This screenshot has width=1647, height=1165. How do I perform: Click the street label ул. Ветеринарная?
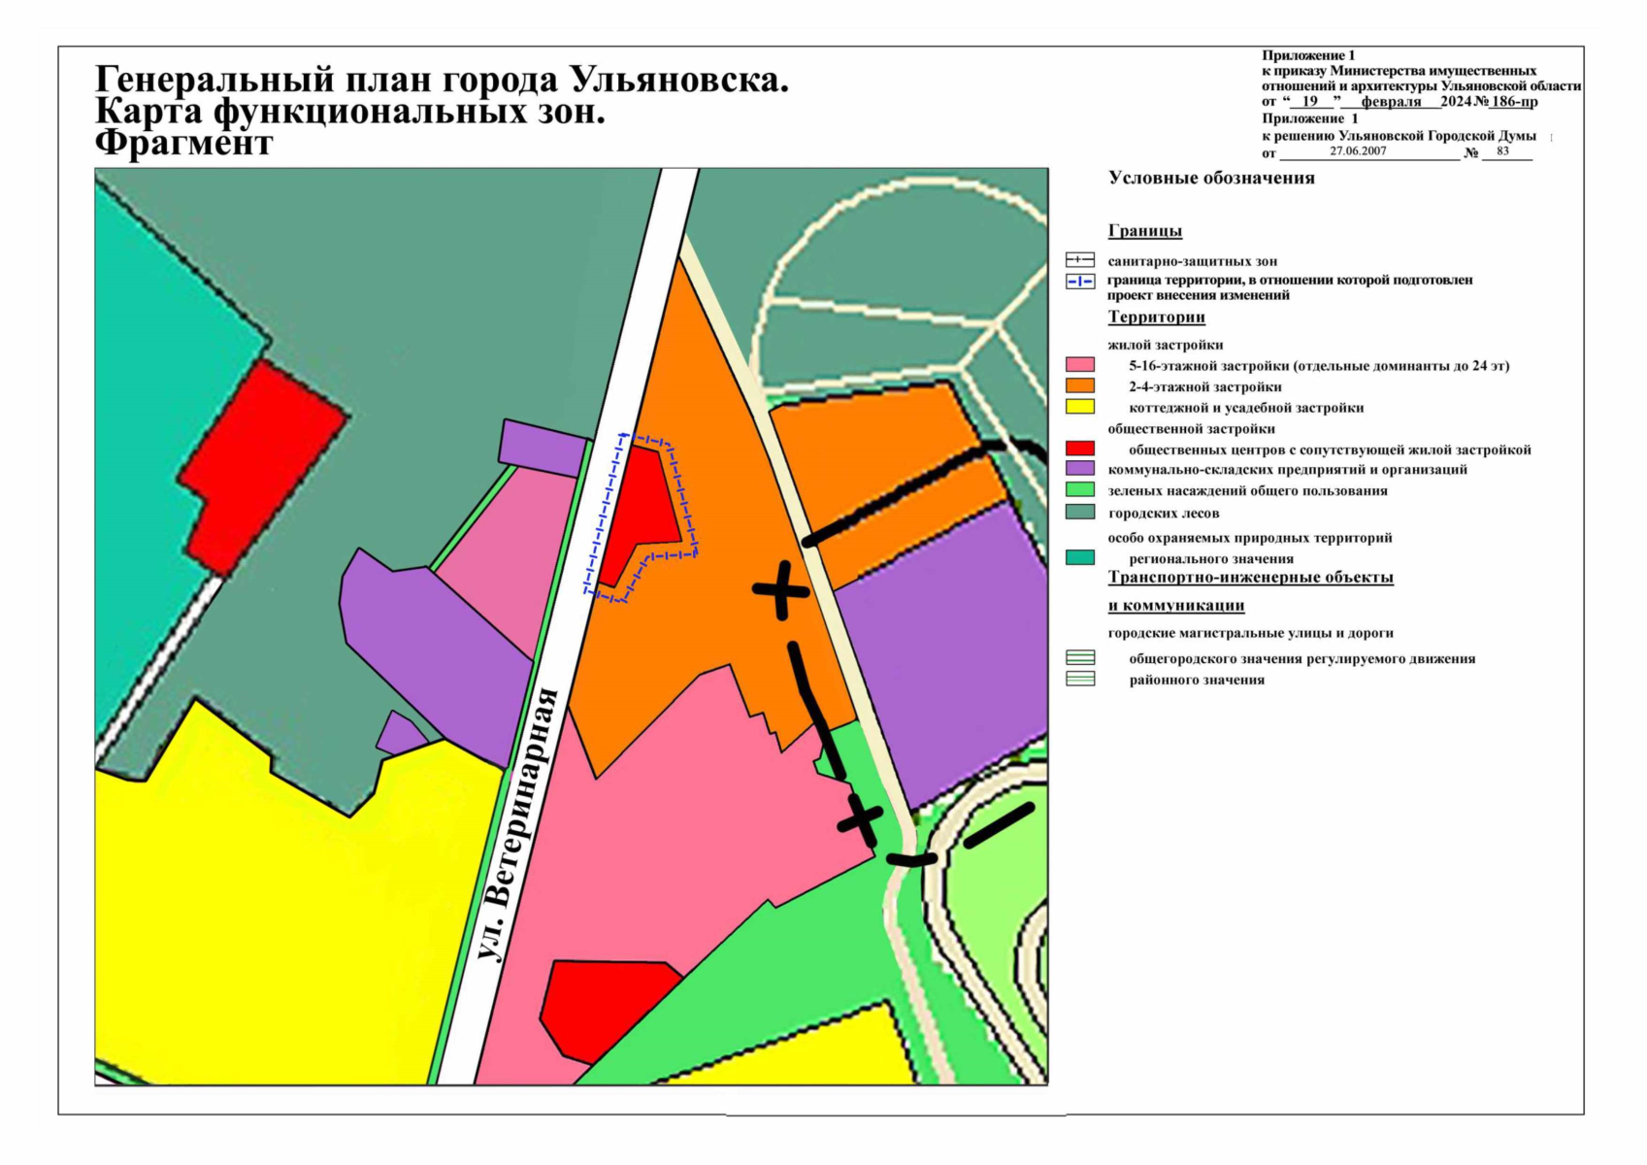click(520, 824)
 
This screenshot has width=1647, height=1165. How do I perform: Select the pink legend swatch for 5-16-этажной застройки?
click(1080, 365)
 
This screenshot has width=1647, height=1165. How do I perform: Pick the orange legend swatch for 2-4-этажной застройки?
click(1080, 385)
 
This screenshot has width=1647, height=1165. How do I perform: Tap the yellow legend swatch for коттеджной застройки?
click(1080, 407)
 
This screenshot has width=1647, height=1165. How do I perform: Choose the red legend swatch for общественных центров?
click(1080, 449)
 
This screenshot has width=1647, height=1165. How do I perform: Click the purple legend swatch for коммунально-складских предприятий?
click(1080, 469)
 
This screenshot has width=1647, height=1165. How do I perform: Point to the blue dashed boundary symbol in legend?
click(1080, 282)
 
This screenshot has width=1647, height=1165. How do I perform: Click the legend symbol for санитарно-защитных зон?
click(1080, 260)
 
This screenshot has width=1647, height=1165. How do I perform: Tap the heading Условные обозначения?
click(1211, 178)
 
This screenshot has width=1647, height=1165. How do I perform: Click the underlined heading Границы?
click(1144, 231)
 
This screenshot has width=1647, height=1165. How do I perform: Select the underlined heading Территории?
click(1156, 316)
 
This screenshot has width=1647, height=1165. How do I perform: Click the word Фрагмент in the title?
click(184, 144)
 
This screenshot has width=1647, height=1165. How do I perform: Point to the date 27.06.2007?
click(1358, 150)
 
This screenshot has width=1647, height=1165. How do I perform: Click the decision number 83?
click(1502, 150)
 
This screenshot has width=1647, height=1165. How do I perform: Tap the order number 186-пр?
click(1514, 101)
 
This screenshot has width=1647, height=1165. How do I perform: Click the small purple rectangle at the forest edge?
click(544, 446)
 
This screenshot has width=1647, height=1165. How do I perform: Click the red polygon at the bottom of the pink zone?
click(602, 1005)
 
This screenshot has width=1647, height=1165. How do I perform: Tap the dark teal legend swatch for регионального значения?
click(1080, 557)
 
